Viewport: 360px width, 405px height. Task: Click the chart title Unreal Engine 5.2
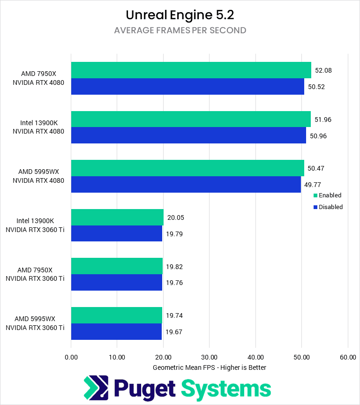click(180, 15)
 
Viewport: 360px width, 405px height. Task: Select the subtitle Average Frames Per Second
click(180, 30)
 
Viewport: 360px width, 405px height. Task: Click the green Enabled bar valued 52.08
click(191, 70)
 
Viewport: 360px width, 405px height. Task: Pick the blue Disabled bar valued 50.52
click(187, 87)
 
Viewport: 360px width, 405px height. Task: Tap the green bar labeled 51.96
click(191, 119)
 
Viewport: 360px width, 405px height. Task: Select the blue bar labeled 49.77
click(186, 184)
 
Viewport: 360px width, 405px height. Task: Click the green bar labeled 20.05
click(117, 217)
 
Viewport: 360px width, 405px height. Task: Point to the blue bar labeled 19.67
click(116, 331)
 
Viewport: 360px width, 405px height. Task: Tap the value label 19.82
click(175, 266)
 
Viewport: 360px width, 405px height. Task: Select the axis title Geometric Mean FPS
click(210, 367)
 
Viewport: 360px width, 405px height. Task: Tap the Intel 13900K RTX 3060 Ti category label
click(35, 225)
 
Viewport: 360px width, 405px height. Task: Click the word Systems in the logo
click(226, 389)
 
